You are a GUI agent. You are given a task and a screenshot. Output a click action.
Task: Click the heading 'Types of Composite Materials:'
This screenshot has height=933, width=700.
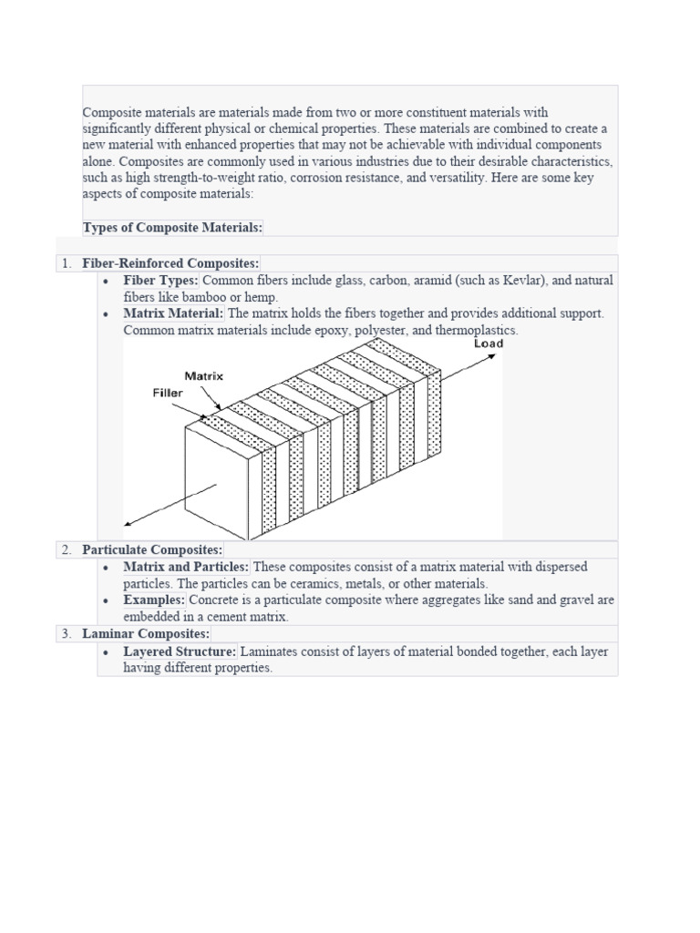coord(172,227)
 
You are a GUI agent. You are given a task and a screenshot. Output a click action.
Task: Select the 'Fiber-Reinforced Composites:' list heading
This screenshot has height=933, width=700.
coord(170,263)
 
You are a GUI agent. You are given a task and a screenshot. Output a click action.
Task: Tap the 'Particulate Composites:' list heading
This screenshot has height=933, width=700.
coord(151,549)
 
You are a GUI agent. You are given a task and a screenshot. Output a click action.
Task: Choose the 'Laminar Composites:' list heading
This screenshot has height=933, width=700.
coord(145,633)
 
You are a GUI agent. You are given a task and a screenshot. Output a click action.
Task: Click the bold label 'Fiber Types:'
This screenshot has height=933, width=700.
coord(160,281)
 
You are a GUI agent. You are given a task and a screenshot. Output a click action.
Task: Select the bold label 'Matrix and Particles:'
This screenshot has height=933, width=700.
coord(186,567)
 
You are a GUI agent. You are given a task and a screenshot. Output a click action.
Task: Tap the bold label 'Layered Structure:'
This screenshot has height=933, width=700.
coord(180,651)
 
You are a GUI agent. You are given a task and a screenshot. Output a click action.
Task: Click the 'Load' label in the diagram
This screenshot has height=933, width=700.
coord(488,343)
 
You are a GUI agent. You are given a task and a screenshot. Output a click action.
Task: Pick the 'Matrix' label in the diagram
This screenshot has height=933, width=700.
coord(203,374)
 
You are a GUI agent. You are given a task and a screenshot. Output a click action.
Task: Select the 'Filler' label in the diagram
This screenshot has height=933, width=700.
coord(169,394)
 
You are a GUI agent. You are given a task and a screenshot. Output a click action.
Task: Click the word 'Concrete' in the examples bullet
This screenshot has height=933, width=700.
coord(215,600)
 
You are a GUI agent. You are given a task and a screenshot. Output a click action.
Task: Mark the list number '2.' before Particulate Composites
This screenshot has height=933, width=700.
coord(66,549)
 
